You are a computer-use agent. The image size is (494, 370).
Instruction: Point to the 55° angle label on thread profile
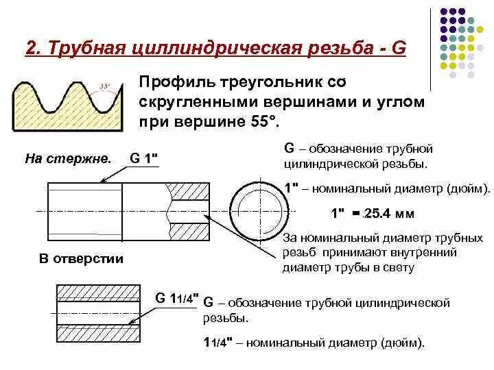click(x=105, y=86)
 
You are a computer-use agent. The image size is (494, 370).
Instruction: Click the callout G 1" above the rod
click(x=144, y=158)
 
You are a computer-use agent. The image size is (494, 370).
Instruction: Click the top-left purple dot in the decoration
click(x=443, y=12)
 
